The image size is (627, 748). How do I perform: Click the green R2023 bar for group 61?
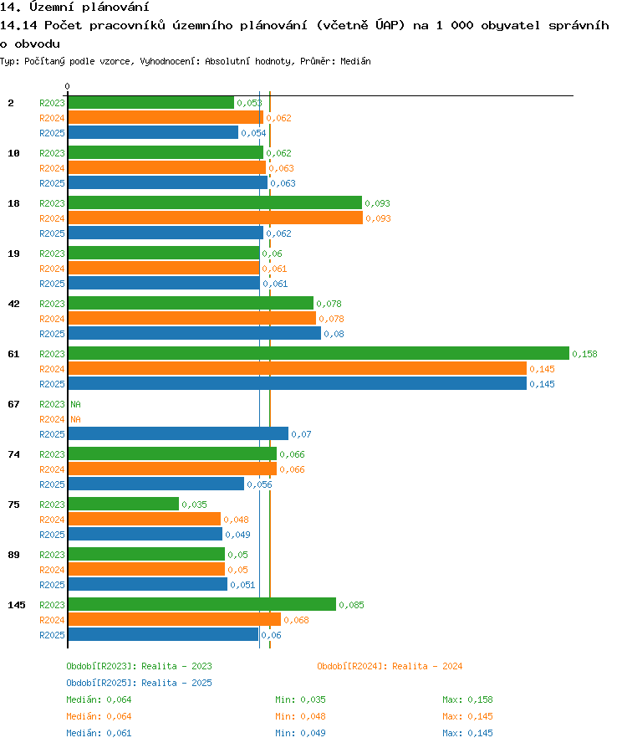[x=319, y=353]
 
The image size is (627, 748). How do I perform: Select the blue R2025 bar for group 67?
[x=178, y=433]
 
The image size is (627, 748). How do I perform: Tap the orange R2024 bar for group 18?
[x=216, y=218]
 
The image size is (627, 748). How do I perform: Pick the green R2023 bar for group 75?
[x=124, y=504]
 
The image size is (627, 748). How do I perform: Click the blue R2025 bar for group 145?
[x=163, y=634]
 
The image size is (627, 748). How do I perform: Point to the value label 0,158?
[x=584, y=354]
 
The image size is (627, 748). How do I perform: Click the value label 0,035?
[x=194, y=505]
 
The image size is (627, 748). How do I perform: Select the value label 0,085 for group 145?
[x=351, y=605]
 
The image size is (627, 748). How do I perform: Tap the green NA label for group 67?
[x=76, y=404]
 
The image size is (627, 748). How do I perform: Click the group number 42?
[x=14, y=304]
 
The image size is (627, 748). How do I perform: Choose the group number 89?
[x=14, y=555]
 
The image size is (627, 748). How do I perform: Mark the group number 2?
[x=11, y=103]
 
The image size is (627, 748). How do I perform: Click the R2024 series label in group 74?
[x=52, y=469]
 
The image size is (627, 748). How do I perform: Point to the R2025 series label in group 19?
[x=52, y=284]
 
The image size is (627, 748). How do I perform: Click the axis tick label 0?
[x=67, y=86]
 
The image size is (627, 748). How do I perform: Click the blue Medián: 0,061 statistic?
[x=99, y=733]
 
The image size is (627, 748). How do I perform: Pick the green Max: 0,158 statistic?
[x=468, y=699]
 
